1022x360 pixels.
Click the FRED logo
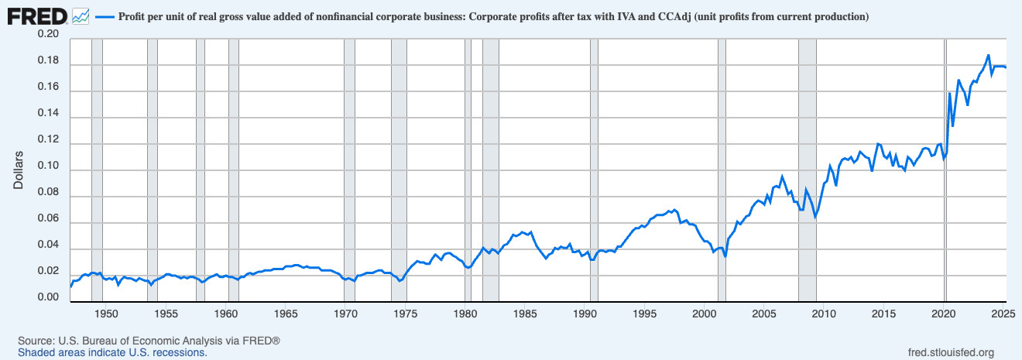point(36,15)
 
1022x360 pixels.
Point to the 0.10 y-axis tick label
point(47,168)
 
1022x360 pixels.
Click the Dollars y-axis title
point(19,169)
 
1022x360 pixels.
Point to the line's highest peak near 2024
point(988,56)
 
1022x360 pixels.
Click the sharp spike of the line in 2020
point(949,94)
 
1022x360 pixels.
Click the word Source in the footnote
point(35,341)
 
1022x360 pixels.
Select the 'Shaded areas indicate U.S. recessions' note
point(112,352)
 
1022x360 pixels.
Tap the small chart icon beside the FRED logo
point(79,15)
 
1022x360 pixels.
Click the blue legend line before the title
point(105,15)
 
